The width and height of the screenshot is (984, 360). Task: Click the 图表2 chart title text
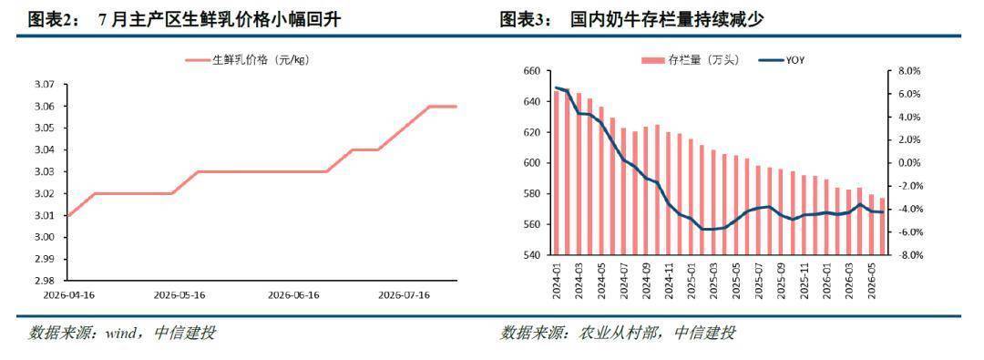pyautogui.click(x=184, y=20)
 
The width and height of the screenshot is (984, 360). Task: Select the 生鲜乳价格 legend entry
pyautogui.click(x=248, y=60)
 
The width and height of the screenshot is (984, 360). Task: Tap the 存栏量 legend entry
pyautogui.click(x=690, y=60)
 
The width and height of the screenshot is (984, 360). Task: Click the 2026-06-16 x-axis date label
pyautogui.click(x=293, y=294)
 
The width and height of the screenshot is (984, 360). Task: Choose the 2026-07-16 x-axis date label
pyautogui.click(x=405, y=294)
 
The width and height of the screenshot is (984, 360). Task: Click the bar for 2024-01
pyautogui.click(x=556, y=173)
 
